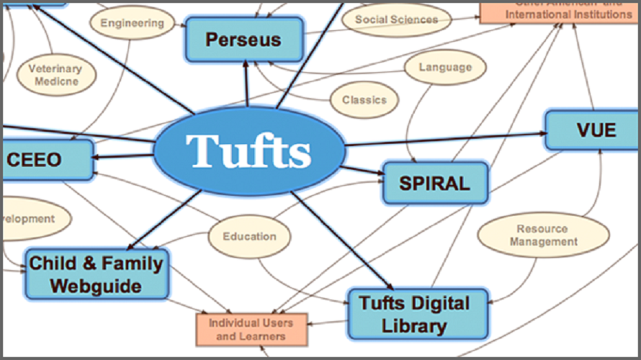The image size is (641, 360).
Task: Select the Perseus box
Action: (x=243, y=39)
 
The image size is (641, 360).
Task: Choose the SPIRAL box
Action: (x=435, y=183)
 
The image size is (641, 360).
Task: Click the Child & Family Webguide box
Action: (x=97, y=274)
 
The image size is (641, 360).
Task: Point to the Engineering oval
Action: (x=132, y=23)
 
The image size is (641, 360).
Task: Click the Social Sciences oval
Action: (x=396, y=19)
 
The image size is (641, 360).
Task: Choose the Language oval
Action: (x=444, y=68)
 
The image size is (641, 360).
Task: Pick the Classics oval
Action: (x=364, y=100)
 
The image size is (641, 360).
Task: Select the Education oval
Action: (x=249, y=236)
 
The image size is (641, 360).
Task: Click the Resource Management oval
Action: (x=543, y=235)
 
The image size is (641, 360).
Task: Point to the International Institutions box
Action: (x=560, y=12)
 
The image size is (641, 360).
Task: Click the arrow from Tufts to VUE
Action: (x=447, y=139)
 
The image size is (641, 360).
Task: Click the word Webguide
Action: (x=96, y=286)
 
